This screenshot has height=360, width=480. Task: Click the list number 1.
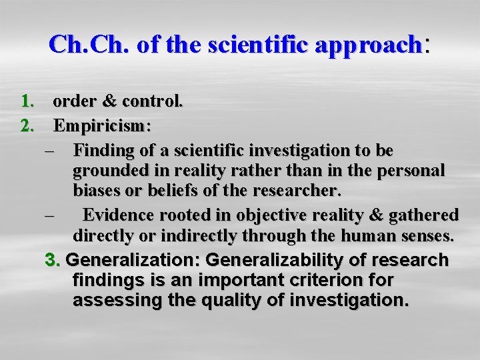pyautogui.click(x=28, y=101)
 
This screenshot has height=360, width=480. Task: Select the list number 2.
pyautogui.click(x=28, y=125)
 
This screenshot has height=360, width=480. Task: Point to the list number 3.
pyautogui.click(x=53, y=259)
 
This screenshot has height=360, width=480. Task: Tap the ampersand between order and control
pyautogui.click(x=110, y=102)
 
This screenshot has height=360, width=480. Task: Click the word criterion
pyautogui.click(x=306, y=280)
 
